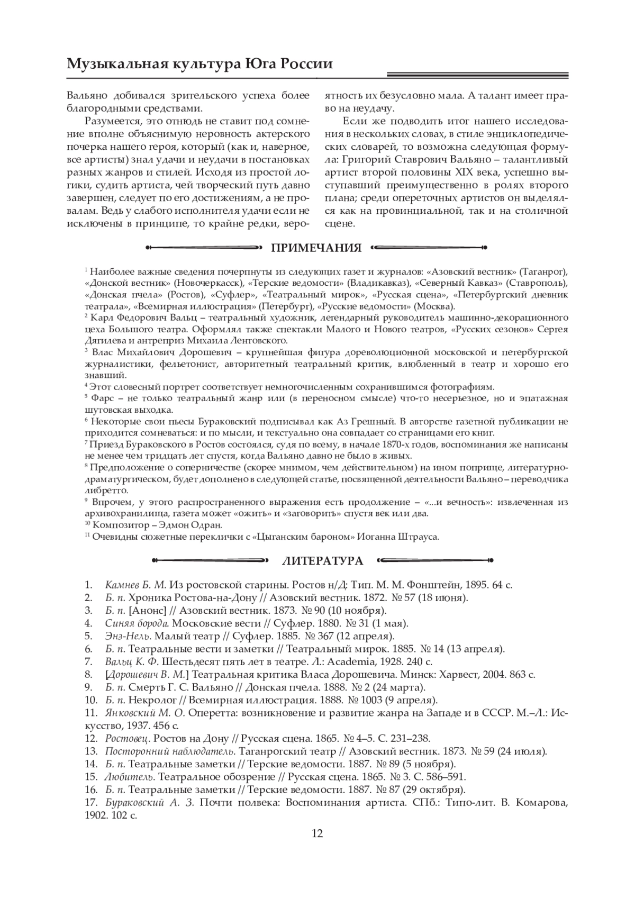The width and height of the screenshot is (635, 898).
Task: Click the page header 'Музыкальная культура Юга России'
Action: [x=200, y=64]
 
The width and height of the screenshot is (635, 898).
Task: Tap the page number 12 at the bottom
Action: [x=317, y=834]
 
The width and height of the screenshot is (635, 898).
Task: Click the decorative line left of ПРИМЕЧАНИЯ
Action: [x=203, y=247]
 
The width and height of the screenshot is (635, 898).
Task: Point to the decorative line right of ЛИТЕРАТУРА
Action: [x=436, y=560]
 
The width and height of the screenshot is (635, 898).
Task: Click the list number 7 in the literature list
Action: [x=88, y=661]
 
